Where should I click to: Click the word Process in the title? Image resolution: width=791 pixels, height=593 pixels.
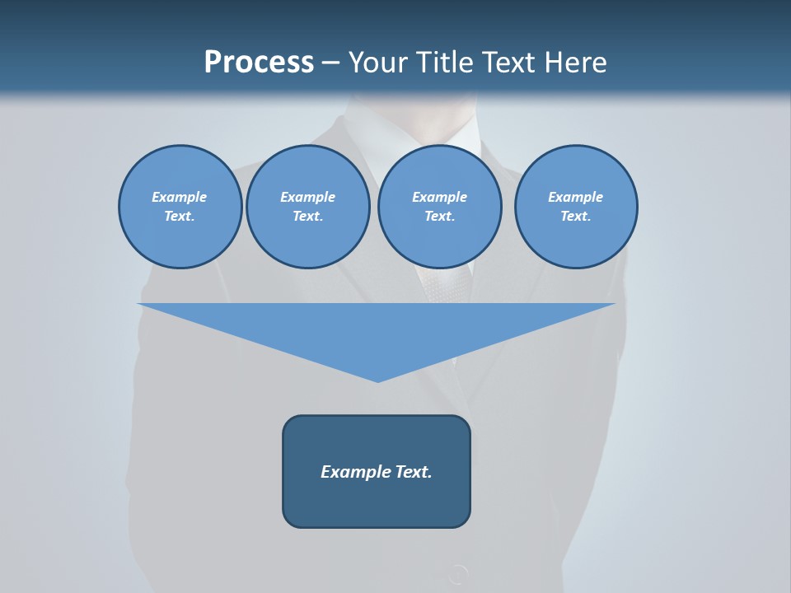pyautogui.click(x=259, y=63)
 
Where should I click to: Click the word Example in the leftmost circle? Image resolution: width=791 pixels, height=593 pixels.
pyautogui.click(x=180, y=197)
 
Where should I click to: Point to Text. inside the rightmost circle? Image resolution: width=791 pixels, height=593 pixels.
pyautogui.click(x=576, y=217)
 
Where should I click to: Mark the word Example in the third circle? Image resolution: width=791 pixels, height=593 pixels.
pyautogui.click(x=439, y=197)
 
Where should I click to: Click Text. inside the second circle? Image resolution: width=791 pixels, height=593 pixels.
pyautogui.click(x=307, y=217)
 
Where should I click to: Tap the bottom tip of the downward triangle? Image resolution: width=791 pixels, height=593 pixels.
pyautogui.click(x=377, y=381)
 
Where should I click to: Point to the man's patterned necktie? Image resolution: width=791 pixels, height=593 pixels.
pyautogui.click(x=446, y=284)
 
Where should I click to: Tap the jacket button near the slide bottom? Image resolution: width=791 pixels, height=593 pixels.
pyautogui.click(x=457, y=573)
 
